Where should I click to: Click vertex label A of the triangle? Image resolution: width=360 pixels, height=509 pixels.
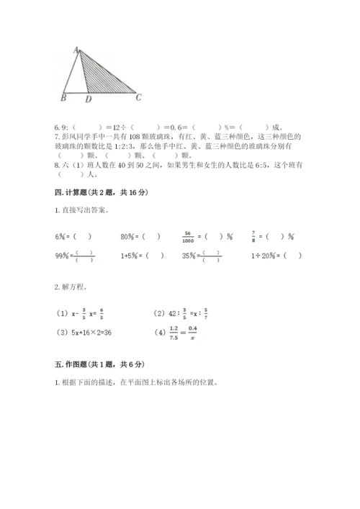click(76, 48)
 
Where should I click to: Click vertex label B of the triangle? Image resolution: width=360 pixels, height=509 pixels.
click(63, 98)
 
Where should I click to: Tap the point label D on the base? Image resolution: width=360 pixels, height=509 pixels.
click(88, 99)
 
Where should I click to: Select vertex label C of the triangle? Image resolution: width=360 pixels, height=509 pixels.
click(139, 98)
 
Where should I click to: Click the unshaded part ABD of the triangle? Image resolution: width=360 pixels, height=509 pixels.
click(76, 79)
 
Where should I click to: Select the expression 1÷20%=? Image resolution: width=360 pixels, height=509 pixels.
click(264, 255)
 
